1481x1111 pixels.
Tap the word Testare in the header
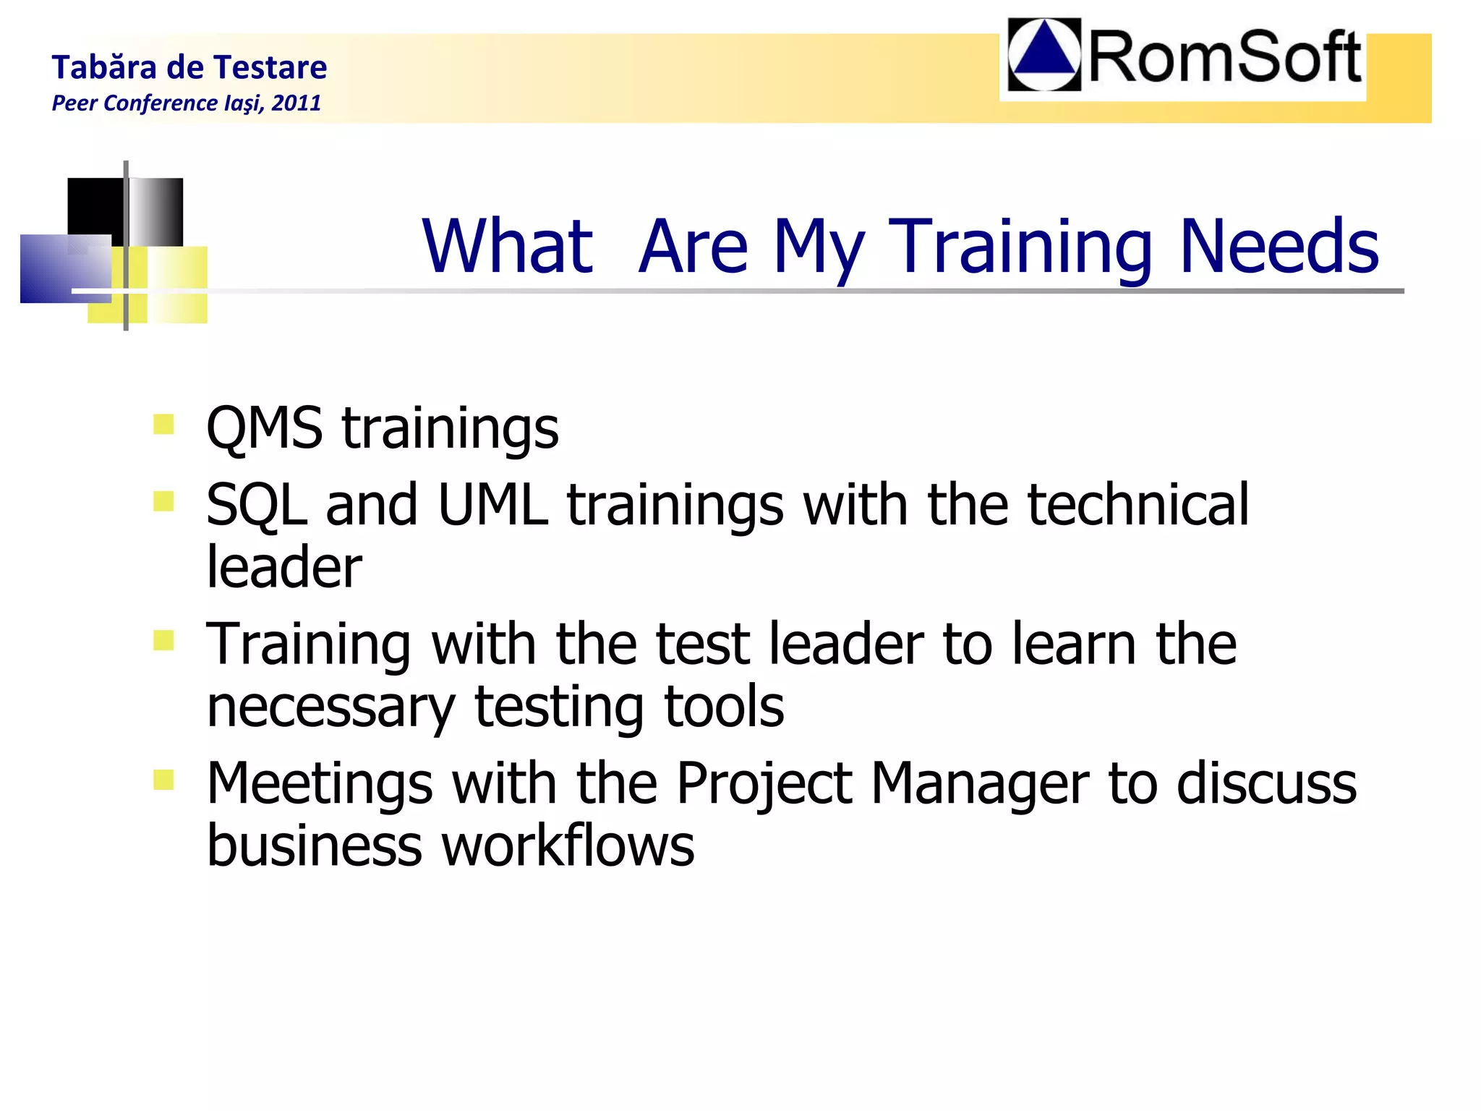tap(270, 67)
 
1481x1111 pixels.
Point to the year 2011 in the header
tap(296, 103)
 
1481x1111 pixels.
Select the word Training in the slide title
tap(1020, 248)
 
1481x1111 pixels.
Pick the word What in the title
tap(507, 247)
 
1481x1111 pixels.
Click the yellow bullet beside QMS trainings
tap(163, 425)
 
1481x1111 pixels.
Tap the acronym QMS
tap(264, 428)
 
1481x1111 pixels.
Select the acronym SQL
tap(256, 505)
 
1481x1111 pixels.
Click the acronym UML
tap(492, 504)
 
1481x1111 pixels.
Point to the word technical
tap(1138, 504)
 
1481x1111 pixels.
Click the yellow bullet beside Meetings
tap(163, 780)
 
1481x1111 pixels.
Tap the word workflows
tap(568, 846)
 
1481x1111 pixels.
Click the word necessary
tap(330, 707)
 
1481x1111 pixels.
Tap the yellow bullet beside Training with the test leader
tap(163, 640)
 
